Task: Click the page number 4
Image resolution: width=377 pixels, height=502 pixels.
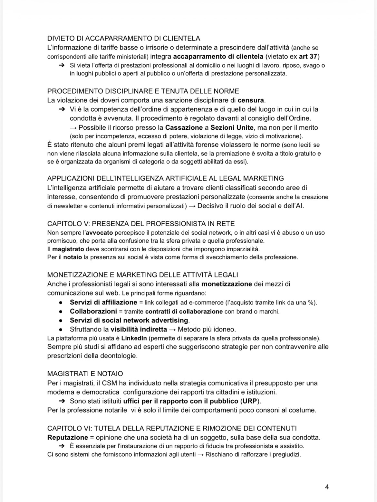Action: (327, 487)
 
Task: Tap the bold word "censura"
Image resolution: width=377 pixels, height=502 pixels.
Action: (251, 100)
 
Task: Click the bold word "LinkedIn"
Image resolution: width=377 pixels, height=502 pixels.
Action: (134, 338)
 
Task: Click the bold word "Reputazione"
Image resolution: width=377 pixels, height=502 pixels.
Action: (68, 437)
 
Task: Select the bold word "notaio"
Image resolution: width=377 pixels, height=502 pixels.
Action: (72, 257)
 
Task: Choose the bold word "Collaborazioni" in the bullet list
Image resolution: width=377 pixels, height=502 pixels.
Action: (93, 311)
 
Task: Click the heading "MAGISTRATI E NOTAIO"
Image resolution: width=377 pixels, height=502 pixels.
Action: (85, 374)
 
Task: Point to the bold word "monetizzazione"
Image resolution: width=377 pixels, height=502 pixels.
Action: (227, 284)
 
